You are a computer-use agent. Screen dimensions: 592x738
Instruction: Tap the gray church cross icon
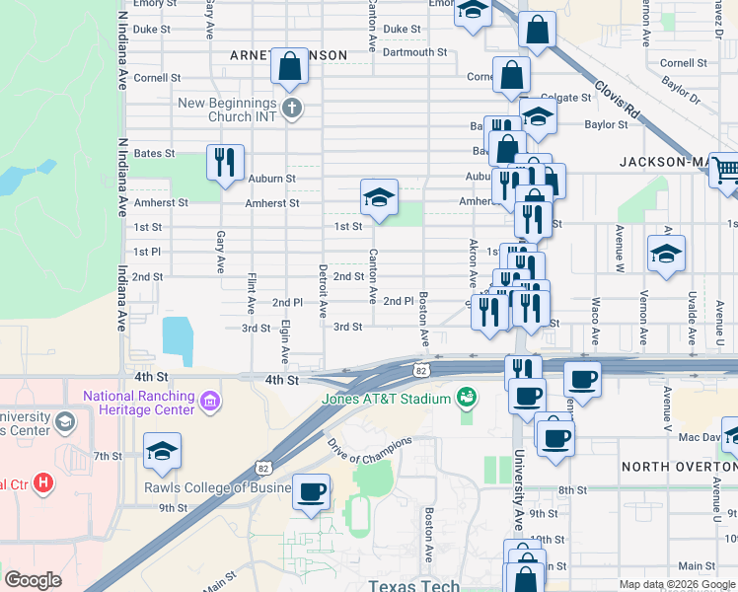[x=291, y=108]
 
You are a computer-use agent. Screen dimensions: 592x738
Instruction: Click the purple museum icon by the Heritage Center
[x=208, y=402]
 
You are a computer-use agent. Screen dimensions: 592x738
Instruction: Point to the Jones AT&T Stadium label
[x=386, y=399]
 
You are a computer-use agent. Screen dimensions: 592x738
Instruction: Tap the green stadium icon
[x=467, y=399]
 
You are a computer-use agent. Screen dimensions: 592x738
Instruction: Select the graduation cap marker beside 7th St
[x=163, y=453]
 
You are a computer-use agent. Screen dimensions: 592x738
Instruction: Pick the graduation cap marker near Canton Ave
[x=379, y=197]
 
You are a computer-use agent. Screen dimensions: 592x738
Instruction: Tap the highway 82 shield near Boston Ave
[x=421, y=370]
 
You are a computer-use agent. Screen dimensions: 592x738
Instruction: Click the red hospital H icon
[x=42, y=483]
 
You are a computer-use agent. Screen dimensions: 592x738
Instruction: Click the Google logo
[x=33, y=580]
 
